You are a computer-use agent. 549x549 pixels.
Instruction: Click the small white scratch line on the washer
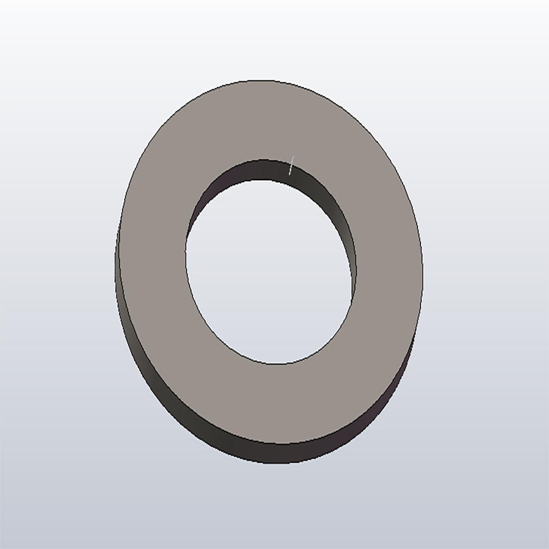point(292,165)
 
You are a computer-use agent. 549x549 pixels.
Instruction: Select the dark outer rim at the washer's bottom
point(274,453)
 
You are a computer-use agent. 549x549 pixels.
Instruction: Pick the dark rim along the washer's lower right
point(384,406)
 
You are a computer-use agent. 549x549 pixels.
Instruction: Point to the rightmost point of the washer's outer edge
point(423,274)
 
